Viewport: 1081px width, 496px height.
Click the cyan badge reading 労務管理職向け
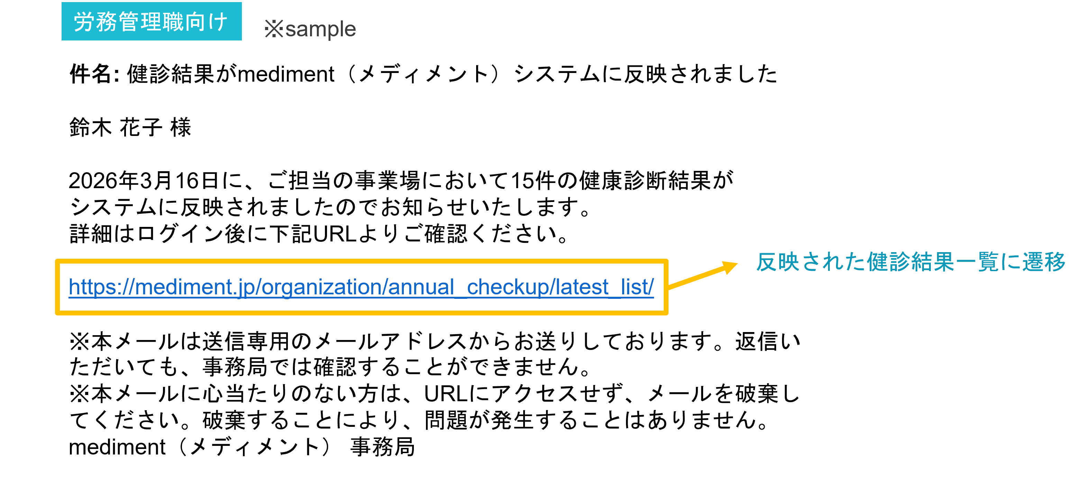click(x=152, y=21)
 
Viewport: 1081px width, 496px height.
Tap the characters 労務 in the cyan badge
click(x=95, y=22)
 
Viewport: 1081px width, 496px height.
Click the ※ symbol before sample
click(x=274, y=29)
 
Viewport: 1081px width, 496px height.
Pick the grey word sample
click(x=321, y=29)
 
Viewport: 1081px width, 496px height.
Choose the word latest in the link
click(x=582, y=287)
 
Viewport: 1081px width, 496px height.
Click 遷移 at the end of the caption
click(x=1043, y=262)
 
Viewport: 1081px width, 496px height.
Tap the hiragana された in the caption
click(x=833, y=262)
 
